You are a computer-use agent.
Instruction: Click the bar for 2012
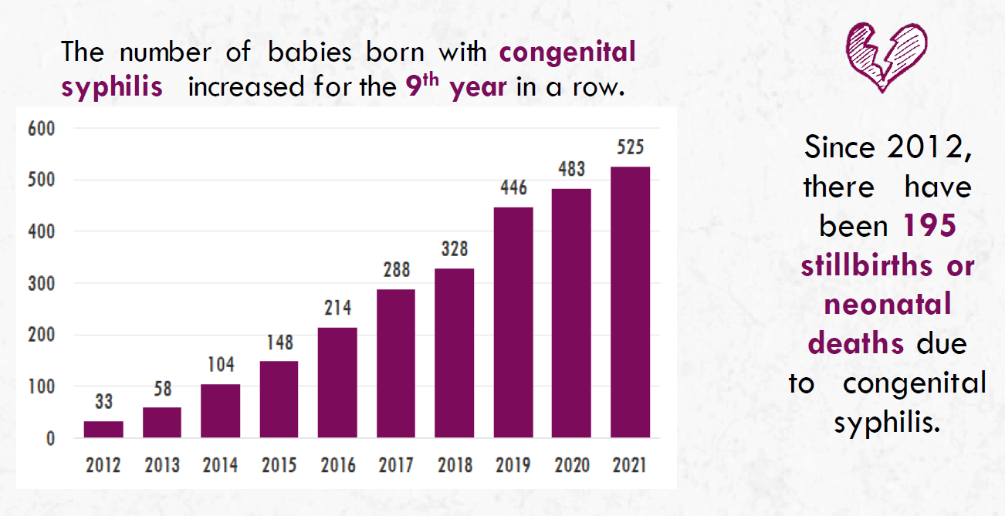[x=103, y=430]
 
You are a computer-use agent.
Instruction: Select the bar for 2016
[x=337, y=383]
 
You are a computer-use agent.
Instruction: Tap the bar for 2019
[x=513, y=322]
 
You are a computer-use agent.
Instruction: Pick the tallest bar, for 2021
[x=630, y=302]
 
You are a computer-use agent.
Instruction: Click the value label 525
[x=630, y=147]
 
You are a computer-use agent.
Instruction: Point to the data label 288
[x=396, y=270]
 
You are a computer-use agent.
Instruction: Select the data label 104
[x=220, y=365]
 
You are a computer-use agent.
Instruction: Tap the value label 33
[x=103, y=402]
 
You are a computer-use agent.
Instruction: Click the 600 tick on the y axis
[x=42, y=129]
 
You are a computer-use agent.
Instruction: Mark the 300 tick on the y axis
[x=42, y=283]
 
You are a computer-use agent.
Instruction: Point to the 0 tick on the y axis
[x=50, y=439]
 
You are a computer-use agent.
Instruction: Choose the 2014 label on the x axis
[x=220, y=465]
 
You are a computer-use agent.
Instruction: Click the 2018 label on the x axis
[x=455, y=465]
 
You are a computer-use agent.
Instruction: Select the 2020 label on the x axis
[x=572, y=465]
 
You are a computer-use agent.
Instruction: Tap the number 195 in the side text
[x=929, y=226]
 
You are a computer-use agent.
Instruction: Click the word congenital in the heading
[x=567, y=52]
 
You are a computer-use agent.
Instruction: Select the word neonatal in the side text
[x=888, y=305]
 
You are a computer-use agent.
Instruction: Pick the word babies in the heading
[x=306, y=52]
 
